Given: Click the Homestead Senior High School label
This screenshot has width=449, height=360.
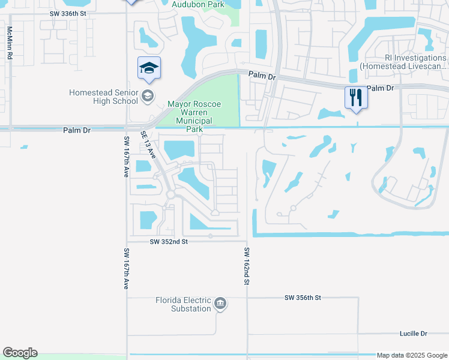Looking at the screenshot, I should click(104, 97).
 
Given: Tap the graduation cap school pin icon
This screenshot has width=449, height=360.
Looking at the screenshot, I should click(149, 68).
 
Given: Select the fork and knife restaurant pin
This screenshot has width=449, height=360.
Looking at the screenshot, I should click(356, 97).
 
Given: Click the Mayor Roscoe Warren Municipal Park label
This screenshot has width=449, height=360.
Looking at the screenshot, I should click(194, 116).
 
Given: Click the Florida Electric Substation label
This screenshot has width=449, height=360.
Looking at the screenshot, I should click(183, 304).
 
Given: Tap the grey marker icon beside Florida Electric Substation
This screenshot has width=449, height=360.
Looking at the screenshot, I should click(220, 304).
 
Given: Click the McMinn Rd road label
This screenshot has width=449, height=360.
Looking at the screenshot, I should click(10, 42).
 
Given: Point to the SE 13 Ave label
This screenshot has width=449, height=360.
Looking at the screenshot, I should click(148, 145).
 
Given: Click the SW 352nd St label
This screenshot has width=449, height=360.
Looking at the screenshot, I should click(169, 241).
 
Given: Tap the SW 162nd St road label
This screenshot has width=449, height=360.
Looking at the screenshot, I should click(246, 265).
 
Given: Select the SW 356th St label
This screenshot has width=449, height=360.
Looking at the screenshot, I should click(303, 298).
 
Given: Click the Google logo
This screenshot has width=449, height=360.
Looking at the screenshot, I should click(20, 353).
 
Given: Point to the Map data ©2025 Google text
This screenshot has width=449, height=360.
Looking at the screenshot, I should click(411, 355).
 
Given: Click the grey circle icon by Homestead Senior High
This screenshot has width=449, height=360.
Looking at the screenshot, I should click(147, 96).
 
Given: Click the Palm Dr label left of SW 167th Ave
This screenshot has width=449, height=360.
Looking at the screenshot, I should click(76, 130).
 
